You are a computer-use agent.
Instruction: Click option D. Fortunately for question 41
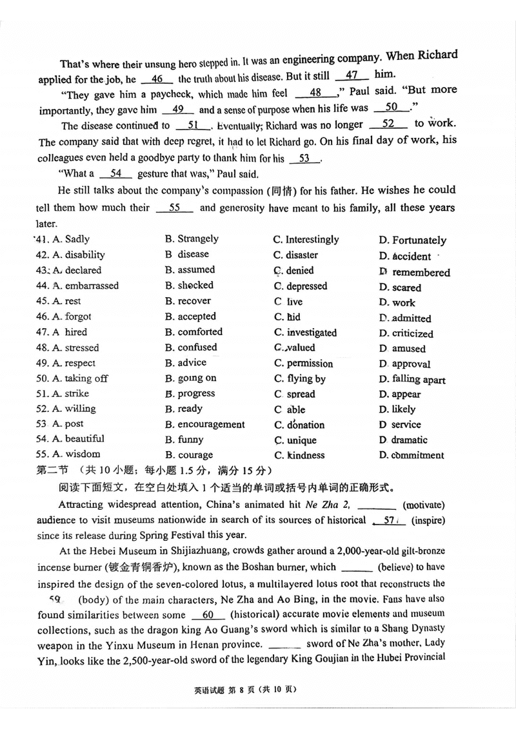[x=412, y=240]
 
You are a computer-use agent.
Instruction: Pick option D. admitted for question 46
[x=405, y=318]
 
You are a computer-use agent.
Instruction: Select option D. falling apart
[x=412, y=380]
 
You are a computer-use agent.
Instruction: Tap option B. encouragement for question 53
[x=204, y=425]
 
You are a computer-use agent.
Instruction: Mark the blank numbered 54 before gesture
[x=116, y=173]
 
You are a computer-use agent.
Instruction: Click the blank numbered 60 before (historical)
[x=207, y=614]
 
